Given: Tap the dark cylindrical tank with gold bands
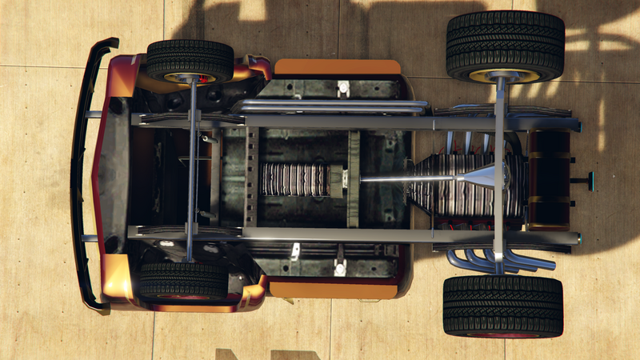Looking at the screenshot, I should coord(548,179).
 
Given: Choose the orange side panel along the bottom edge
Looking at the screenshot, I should coord(334,289).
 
